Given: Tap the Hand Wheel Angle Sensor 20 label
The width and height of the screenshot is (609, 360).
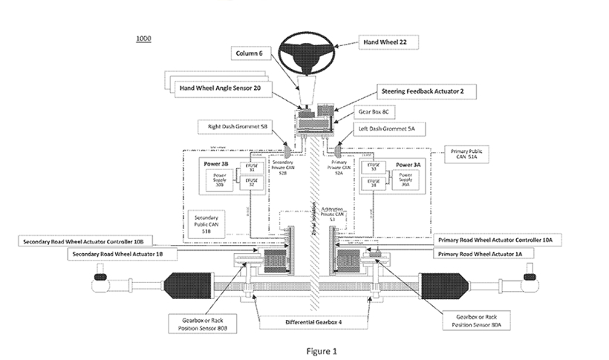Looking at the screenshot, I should pos(221,88).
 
